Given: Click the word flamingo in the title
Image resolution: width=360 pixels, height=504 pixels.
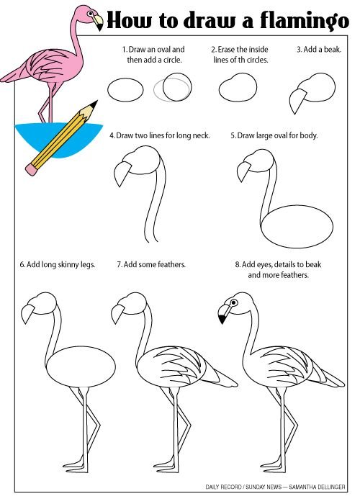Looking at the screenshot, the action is point(305,21).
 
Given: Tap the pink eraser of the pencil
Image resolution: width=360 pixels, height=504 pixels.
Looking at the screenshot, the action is point(32,170).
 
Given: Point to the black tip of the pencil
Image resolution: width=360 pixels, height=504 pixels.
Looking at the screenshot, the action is point(94,104).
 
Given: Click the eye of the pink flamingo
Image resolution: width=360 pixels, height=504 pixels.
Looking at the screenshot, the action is point(90,14).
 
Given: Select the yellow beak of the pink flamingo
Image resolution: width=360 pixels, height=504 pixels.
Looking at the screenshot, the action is point(99,22).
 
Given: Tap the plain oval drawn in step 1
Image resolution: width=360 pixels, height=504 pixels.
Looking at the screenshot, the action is point(125,90).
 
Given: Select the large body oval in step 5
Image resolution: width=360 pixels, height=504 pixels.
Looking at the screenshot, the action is point(297,226).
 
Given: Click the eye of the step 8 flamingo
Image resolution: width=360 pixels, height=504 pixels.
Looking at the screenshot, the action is point(234,302).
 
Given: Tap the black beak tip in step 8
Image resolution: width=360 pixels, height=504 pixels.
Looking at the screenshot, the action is point(222,319).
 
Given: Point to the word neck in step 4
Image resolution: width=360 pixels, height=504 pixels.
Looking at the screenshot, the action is point(201,135).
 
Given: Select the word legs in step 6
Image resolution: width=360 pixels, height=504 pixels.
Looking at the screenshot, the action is point(87,265).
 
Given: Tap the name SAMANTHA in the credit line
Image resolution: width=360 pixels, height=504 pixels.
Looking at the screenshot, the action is point(304,487).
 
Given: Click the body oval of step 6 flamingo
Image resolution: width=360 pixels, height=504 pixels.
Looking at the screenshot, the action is point(81,366).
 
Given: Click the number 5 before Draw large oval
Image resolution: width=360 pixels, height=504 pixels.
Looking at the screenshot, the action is point(233,135).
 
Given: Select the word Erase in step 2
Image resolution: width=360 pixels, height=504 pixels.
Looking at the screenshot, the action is point(226,50).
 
